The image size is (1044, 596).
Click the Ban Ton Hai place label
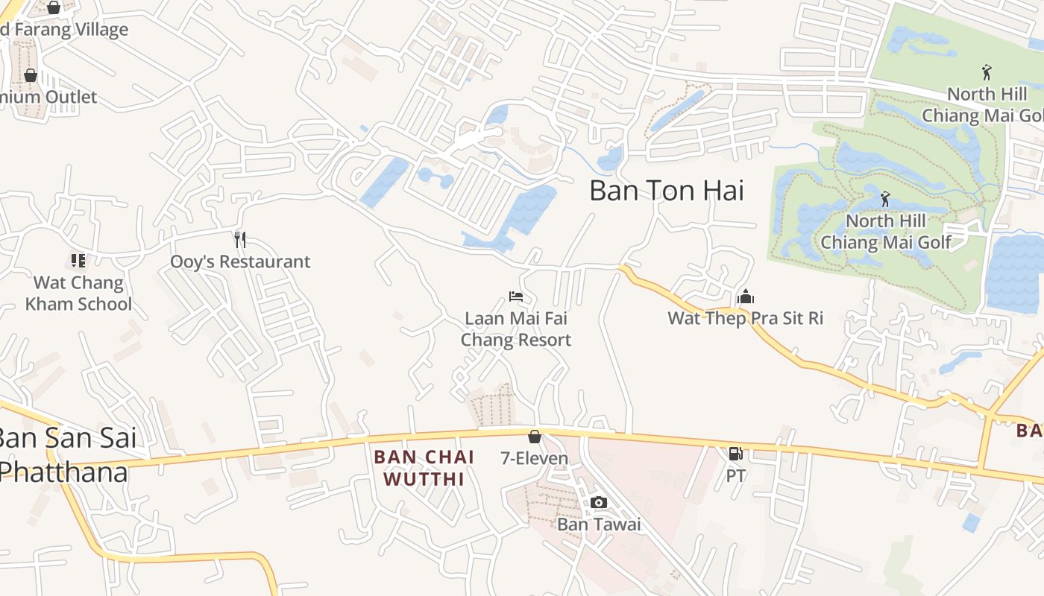(667, 191)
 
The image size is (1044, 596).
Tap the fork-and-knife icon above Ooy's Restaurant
(240, 239)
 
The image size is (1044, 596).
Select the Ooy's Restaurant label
(240, 261)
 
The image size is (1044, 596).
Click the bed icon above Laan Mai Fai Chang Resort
(515, 297)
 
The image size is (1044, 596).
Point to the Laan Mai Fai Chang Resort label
(516, 329)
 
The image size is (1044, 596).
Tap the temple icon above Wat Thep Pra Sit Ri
(745, 297)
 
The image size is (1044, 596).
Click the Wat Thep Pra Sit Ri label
(745, 318)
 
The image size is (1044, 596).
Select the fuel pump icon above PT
(735, 453)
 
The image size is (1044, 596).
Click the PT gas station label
(736, 475)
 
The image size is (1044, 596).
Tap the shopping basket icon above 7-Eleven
(534, 437)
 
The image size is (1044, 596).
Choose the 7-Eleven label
(534, 458)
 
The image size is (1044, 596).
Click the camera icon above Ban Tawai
(599, 502)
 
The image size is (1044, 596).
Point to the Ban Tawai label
(599, 524)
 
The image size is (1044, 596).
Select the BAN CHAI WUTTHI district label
(424, 468)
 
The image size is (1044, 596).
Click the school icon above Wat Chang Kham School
(78, 260)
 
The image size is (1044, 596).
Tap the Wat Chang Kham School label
(78, 294)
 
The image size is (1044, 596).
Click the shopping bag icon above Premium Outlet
(31, 75)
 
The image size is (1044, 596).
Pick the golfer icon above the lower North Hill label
(885, 199)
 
